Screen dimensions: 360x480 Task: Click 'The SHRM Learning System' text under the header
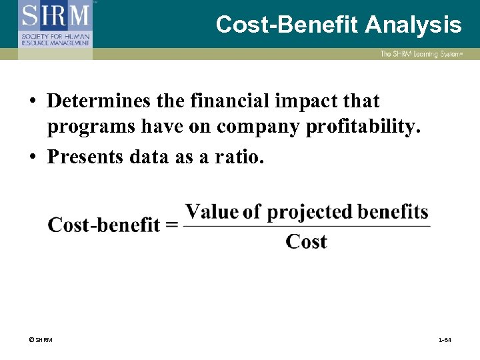[x=421, y=54]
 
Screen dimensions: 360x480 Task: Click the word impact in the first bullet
[x=303, y=101]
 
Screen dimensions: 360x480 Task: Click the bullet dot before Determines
[x=32, y=102]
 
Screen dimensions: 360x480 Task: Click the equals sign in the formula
[x=171, y=225]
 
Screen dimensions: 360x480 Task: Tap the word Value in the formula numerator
[x=213, y=212]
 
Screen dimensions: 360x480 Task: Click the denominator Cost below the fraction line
[x=306, y=241]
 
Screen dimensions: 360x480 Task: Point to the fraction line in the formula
[x=306, y=227]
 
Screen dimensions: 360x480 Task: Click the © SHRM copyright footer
[x=41, y=341]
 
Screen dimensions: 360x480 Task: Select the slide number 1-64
[x=445, y=341]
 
